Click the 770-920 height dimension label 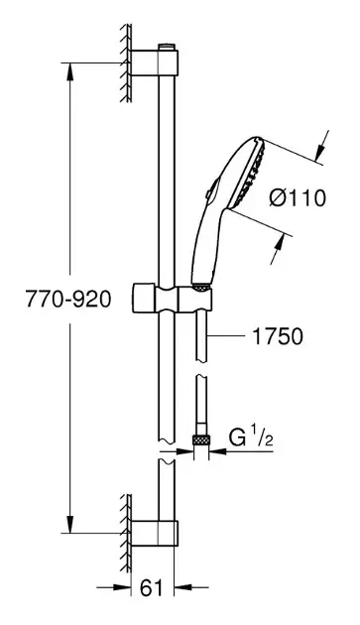point(68,299)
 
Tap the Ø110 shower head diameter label point(297,197)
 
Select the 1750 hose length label point(278,337)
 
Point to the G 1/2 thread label point(251,438)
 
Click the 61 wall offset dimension point(152,588)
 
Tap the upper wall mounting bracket point(155,62)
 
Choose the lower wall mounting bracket point(155,533)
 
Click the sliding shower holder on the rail point(172,299)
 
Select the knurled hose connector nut point(201,440)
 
